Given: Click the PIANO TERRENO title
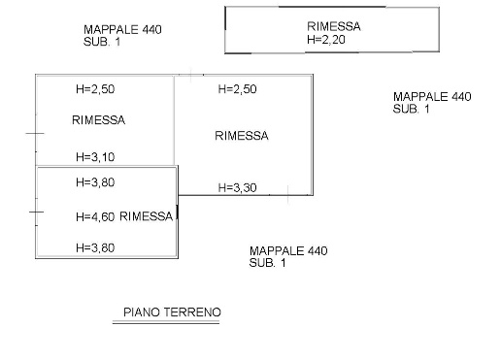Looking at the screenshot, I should [172, 312].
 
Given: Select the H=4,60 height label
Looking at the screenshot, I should [95, 217].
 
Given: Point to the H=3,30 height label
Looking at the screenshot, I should [238, 187].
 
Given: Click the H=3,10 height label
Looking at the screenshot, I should [95, 156].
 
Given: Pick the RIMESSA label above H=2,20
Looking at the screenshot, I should [333, 27].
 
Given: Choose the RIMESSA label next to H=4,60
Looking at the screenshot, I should [147, 216].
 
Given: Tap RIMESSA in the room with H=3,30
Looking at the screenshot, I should [241, 136].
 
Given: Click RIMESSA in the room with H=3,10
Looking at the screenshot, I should [99, 120].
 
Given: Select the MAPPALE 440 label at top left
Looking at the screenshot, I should [122, 30].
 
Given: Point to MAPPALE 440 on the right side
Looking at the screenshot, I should [432, 97].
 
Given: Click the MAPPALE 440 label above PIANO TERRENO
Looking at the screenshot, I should [288, 251].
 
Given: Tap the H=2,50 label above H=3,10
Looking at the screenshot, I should [95, 89].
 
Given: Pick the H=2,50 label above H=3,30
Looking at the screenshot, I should [238, 89].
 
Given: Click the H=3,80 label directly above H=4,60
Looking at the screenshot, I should [95, 181].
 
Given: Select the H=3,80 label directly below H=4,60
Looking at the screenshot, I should [95, 247].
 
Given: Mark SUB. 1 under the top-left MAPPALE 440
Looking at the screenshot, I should [102, 43].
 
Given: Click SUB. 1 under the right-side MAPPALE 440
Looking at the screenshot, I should [412, 110].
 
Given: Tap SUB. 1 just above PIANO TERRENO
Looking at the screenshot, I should [268, 264].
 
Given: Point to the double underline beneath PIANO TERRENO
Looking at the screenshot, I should [168, 322].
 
